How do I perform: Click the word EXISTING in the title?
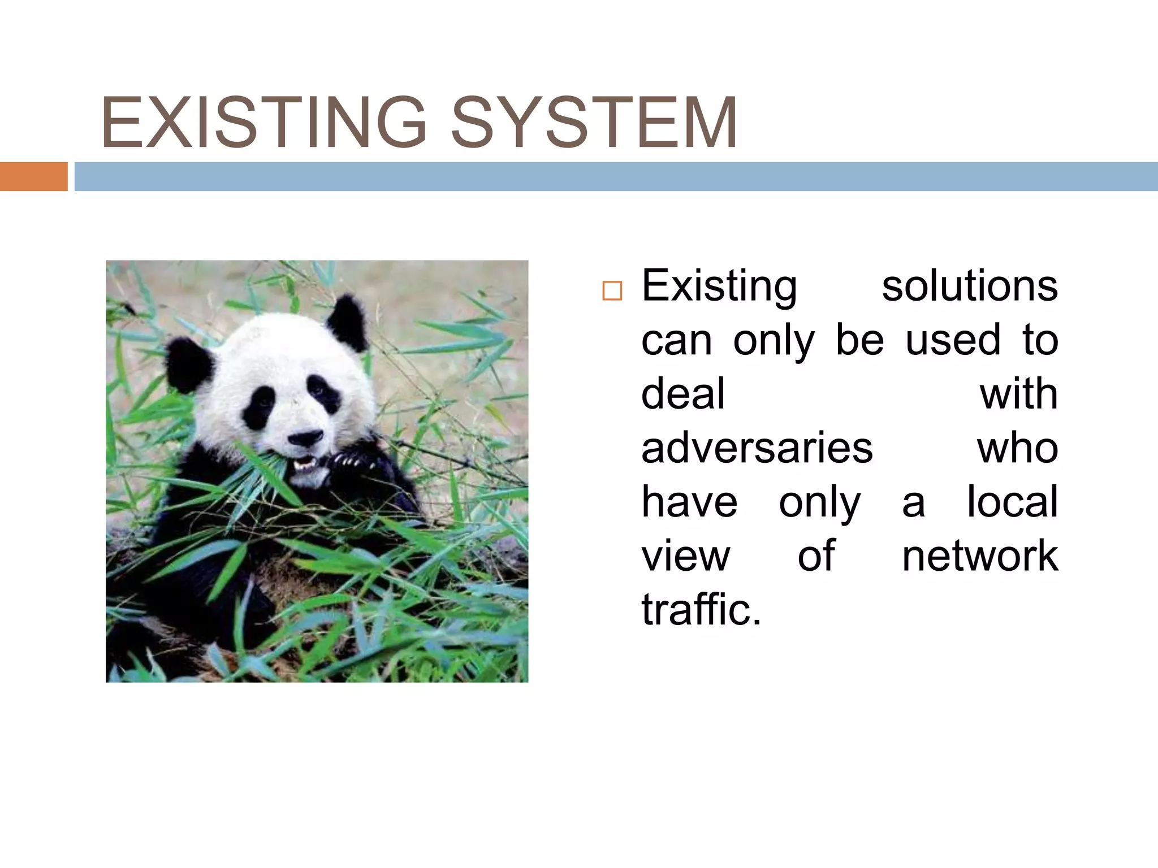[x=263, y=123]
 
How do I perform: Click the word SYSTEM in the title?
[x=594, y=123]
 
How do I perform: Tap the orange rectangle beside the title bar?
[x=33, y=176]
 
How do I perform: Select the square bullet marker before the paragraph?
[x=612, y=290]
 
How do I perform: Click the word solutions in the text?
[x=969, y=286]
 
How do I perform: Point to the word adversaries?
[x=757, y=448]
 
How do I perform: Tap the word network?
[x=979, y=556]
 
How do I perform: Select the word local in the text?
[x=1012, y=502]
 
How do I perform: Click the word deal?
[x=682, y=394]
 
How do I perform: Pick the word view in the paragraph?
[x=685, y=556]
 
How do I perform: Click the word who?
[x=1017, y=448]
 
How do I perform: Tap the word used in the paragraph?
[x=953, y=340]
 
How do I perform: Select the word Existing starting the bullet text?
[x=719, y=286]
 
